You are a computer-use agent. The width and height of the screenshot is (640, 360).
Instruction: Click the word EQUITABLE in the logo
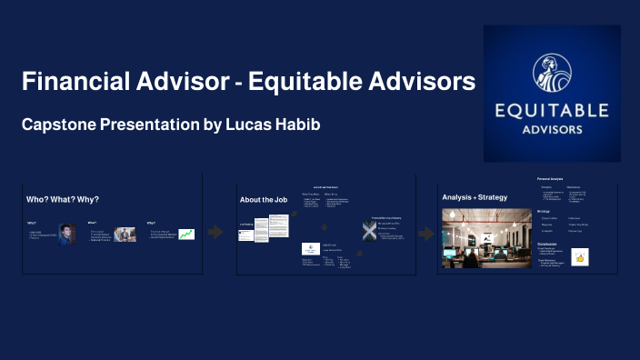pyautogui.click(x=552, y=110)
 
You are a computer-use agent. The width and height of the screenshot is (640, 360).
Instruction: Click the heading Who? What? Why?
pyautogui.click(x=63, y=199)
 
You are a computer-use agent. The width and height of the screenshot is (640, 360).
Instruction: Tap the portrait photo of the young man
pyautogui.click(x=65, y=235)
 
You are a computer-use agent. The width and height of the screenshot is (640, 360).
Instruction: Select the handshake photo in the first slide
pyautogui.click(x=125, y=235)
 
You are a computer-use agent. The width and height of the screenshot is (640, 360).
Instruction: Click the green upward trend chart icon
pyautogui.click(x=186, y=235)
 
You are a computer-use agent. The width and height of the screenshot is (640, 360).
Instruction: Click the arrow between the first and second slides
pyautogui.click(x=215, y=232)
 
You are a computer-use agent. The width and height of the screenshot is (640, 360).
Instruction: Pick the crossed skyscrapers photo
pyautogui.click(x=369, y=231)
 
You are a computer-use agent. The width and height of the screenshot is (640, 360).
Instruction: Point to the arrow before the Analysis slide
pyautogui.click(x=425, y=234)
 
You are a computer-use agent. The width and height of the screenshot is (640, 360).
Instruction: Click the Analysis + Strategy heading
pyautogui.click(x=475, y=197)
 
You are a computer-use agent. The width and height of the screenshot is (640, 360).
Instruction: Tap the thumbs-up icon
pyautogui.click(x=579, y=257)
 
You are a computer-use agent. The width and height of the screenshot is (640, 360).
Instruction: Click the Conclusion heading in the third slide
pyautogui.click(x=547, y=244)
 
